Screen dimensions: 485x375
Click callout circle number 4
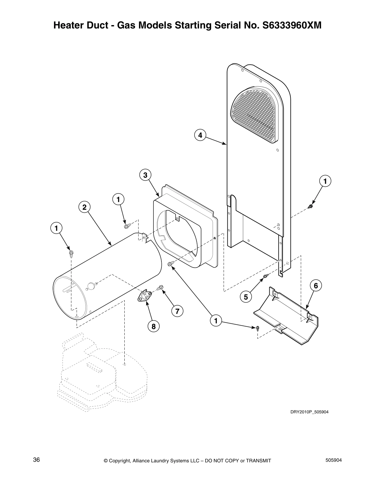200,135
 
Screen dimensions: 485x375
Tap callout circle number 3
145,175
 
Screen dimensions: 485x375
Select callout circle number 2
84,207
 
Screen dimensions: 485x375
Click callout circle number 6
316,286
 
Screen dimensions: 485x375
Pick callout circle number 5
246,297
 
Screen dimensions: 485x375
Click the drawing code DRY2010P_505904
309,412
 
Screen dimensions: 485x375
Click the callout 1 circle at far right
325,181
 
